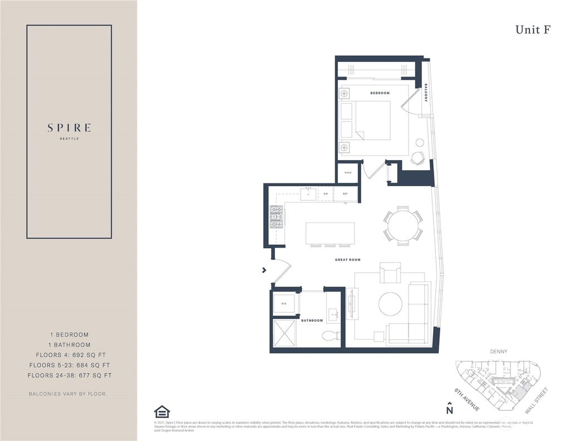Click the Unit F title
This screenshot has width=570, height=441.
click(x=533, y=30)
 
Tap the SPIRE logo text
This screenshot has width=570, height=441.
click(x=69, y=128)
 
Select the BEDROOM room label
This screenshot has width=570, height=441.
click(x=380, y=93)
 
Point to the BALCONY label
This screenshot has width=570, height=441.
click(x=426, y=92)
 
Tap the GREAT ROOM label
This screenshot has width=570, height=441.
click(x=348, y=260)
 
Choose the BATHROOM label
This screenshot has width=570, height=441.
click(x=312, y=321)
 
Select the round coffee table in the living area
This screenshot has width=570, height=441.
click(x=390, y=303)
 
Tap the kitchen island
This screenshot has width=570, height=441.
click(x=330, y=233)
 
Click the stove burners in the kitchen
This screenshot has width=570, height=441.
click(x=277, y=217)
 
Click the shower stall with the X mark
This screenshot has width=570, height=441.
click(x=284, y=333)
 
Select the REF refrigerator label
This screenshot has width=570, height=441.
click(x=345, y=194)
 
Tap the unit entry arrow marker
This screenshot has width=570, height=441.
click(x=264, y=270)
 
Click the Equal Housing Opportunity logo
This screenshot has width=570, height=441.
click(x=161, y=411)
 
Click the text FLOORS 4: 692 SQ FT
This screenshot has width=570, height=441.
click(x=70, y=355)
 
